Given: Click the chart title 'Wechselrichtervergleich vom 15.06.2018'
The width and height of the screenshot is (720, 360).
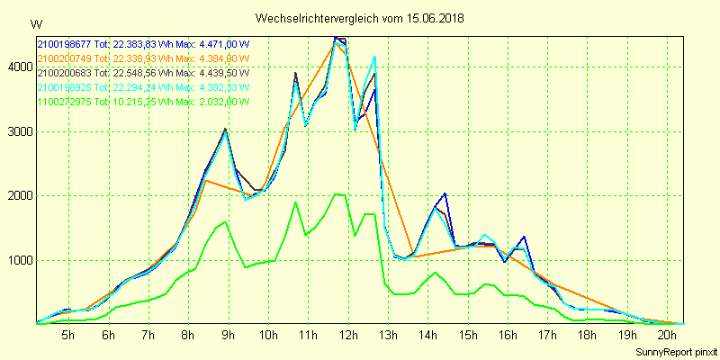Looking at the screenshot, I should click(359, 18).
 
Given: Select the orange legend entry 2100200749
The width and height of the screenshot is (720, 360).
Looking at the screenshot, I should click(65, 58).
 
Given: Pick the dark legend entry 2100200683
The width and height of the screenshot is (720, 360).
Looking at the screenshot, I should click(65, 73).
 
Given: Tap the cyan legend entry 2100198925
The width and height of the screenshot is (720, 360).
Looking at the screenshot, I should click(65, 87).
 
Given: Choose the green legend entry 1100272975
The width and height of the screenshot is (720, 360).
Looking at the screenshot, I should click(65, 102).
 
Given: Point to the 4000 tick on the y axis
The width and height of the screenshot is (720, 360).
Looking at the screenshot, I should click(19, 67).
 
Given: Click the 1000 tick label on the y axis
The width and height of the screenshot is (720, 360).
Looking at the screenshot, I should click(19, 261).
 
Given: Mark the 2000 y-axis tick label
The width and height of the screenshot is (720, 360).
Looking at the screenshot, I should click(19, 196).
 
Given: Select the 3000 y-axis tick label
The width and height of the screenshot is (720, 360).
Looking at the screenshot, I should click(19, 131).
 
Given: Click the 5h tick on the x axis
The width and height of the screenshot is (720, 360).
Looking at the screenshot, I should click(68, 334).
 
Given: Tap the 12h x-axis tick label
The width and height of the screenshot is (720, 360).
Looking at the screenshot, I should click(347, 334).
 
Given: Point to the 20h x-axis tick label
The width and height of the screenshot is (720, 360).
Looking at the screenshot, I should click(666, 334).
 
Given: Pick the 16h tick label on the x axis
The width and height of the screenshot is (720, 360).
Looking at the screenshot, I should click(507, 334).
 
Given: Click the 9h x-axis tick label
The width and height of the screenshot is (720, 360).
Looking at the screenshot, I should click(228, 334).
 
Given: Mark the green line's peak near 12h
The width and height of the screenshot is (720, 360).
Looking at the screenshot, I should click(337, 193).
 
